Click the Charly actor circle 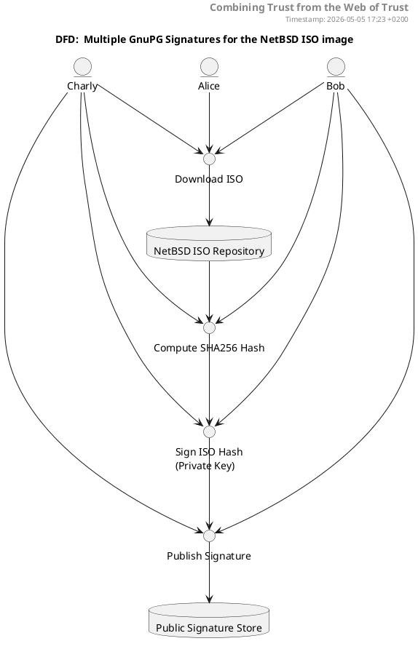82,67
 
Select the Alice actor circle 209,67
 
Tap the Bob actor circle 336,67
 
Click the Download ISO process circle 210,159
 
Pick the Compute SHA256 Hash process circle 210,328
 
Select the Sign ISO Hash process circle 210,431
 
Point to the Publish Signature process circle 210,535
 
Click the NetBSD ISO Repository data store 209,243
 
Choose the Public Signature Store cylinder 209,620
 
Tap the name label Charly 82,86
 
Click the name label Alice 209,86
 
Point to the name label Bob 336,86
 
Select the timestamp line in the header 347,20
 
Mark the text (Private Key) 205,466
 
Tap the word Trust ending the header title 394,7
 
